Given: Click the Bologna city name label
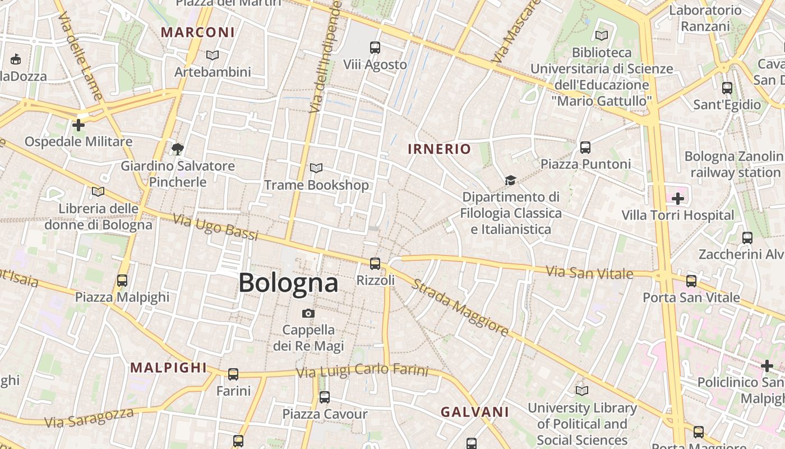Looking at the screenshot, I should point(288,283).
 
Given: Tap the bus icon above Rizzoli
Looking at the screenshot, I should point(375,263).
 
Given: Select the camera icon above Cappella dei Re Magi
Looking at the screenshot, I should point(308,313).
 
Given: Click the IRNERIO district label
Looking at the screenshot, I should point(439,149).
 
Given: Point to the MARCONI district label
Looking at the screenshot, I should point(198,32).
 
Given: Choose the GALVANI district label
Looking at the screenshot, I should point(474,412).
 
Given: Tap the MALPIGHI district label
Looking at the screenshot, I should point(169,368).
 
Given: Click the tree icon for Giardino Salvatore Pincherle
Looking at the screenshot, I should point(178,149).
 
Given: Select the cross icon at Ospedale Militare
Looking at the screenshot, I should point(78,125).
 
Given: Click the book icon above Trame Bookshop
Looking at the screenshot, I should point(316,168).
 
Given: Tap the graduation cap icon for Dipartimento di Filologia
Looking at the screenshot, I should point(510,180).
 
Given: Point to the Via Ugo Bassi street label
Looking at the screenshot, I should point(215,227).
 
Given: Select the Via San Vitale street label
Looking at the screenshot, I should point(589,273).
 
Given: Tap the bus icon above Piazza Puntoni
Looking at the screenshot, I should point(585,148).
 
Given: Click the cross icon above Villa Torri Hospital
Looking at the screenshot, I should point(678,198).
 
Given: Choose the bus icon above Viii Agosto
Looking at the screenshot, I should point(375,48).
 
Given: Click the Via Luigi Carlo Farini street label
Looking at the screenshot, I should point(362,372).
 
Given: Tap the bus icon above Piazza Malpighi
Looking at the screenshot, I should point(122,280).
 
